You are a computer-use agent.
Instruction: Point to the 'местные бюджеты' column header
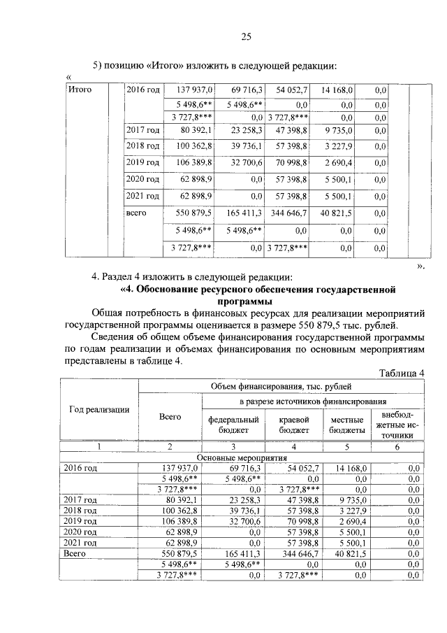coord(347,425)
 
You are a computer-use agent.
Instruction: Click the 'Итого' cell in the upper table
coord(79,90)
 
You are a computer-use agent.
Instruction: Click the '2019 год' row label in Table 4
coord(78,521)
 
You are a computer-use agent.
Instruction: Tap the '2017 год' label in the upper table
coord(142,130)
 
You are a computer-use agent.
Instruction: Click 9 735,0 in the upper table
coord(339,130)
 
